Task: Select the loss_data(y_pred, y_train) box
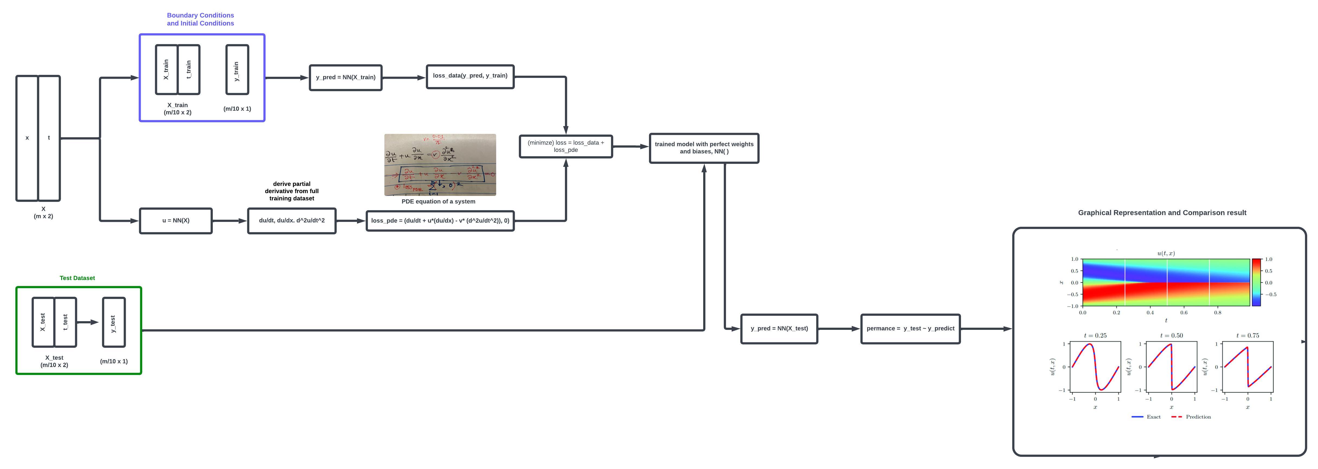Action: click(470, 76)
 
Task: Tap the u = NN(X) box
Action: click(175, 221)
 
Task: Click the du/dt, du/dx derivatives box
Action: click(292, 221)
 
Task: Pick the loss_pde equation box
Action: click(440, 221)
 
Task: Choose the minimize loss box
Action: click(565, 146)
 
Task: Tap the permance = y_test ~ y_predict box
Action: click(910, 329)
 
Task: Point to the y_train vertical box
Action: click(237, 70)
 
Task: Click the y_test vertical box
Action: click(114, 323)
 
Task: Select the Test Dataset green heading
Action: click(77, 278)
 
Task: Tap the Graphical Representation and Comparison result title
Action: click(1162, 212)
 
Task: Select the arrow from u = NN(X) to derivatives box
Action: click(230, 221)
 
